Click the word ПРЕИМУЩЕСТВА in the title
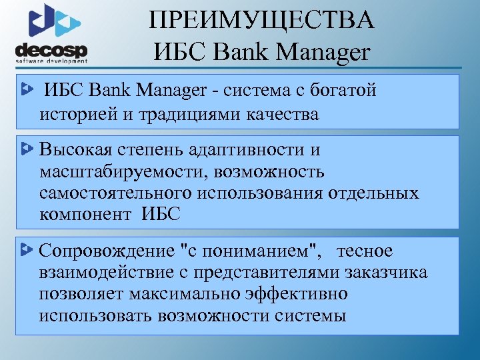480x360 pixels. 262,20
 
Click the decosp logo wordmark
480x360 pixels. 51,51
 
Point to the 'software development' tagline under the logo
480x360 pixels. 52,61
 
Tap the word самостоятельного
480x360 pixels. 115,193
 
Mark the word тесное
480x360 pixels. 365,251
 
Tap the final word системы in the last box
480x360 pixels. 310,315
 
